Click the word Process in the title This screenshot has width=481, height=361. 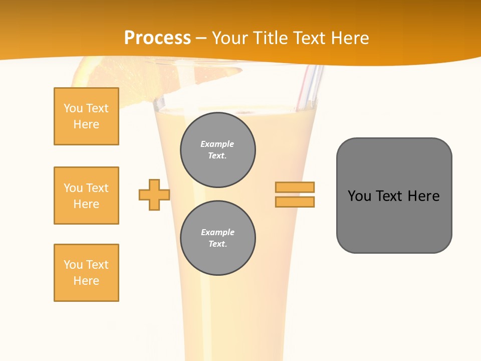click(x=157, y=38)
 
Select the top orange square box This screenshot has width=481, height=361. click(x=86, y=116)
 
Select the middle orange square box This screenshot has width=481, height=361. click(x=86, y=196)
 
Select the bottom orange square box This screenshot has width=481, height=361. click(x=86, y=273)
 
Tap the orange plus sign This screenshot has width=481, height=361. click(x=154, y=195)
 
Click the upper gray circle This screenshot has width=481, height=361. click(x=218, y=150)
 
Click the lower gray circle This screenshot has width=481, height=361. click(x=218, y=238)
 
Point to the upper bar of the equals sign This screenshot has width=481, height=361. click(x=295, y=187)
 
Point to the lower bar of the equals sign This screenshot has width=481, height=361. click(x=295, y=202)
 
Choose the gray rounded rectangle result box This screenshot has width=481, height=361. click(x=394, y=196)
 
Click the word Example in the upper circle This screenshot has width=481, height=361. click(x=217, y=144)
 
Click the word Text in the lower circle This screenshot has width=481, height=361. click(x=217, y=244)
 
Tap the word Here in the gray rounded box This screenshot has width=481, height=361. click(x=423, y=196)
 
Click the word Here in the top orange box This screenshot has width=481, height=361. click(x=86, y=124)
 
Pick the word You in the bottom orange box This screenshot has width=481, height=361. click(x=73, y=265)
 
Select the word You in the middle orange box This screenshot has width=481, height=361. click(x=73, y=188)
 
